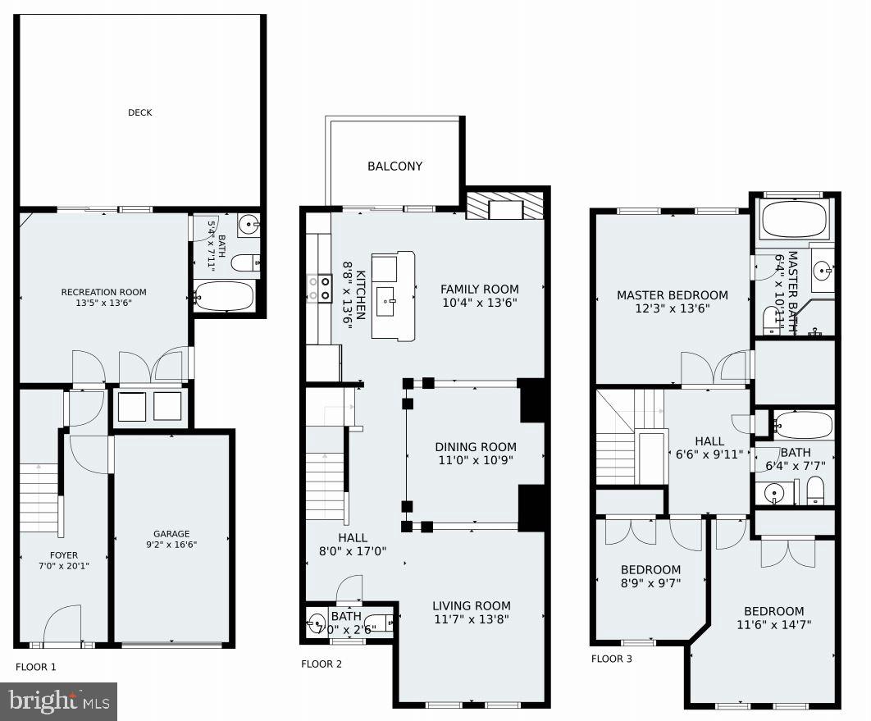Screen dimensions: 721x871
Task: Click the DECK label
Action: pos(139,112)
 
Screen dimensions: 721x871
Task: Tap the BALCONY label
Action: pos(394,166)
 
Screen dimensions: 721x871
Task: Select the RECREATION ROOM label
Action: pos(103,292)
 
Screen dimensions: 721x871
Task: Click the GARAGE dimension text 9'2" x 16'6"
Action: pos(171,544)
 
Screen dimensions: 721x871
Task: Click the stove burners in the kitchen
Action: pos(318,288)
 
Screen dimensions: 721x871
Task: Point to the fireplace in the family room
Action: pos(504,208)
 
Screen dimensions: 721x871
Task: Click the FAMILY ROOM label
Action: pos(479,289)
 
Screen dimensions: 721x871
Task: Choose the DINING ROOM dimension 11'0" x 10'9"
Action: pos(476,460)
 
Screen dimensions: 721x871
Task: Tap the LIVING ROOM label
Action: pos(471,606)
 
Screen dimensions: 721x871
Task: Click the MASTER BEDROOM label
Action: pos(672,295)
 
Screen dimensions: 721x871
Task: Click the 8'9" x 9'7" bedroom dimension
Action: pos(650,583)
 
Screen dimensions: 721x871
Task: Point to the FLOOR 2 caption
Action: pos(321,664)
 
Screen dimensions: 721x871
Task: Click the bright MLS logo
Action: pos(58,701)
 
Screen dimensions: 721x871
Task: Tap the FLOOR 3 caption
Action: pos(611,658)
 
